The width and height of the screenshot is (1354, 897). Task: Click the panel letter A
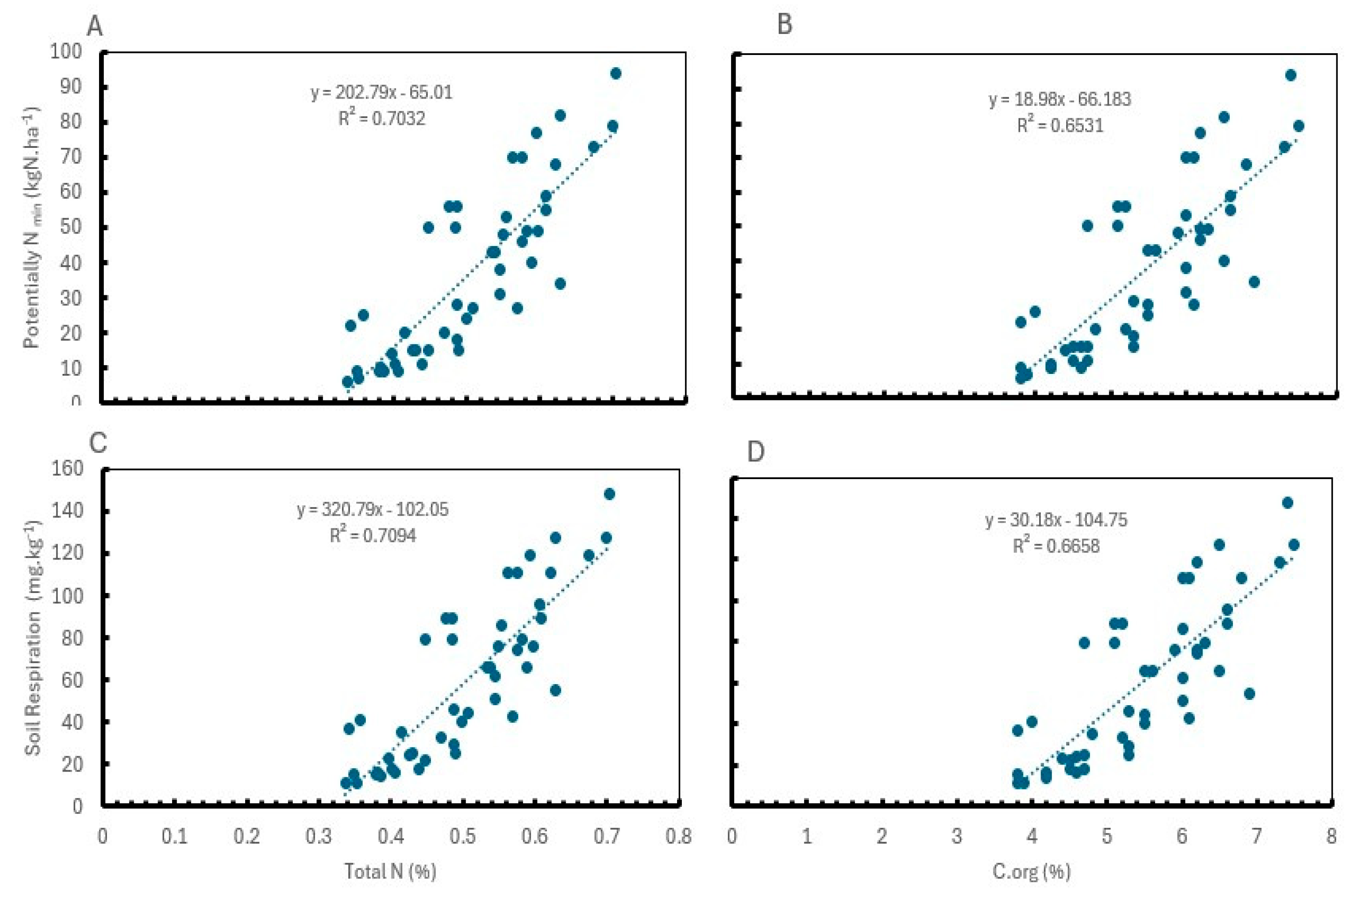point(95,27)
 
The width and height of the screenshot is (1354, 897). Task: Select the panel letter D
point(755,452)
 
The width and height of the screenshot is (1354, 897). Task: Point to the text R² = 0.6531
point(1060,125)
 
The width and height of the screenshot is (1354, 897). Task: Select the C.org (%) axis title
point(1031,871)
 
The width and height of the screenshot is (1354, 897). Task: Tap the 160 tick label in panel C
point(67,469)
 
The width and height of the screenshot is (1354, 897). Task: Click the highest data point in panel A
point(615,73)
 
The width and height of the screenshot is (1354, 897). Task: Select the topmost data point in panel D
point(1287,503)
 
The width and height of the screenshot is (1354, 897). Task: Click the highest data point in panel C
point(610,494)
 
